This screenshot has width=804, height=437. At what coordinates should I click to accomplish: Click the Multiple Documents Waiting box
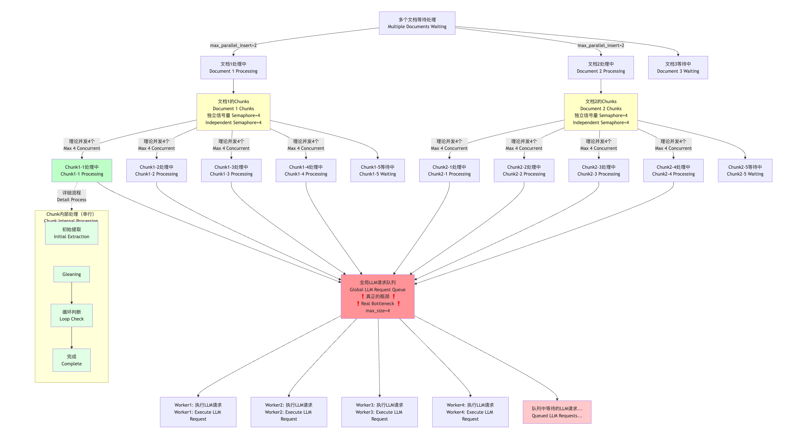pyautogui.click(x=417, y=23)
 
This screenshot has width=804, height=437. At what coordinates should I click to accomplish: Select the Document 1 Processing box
pyautogui.click(x=233, y=67)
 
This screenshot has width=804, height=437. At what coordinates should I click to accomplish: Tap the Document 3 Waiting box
pyautogui.click(x=678, y=67)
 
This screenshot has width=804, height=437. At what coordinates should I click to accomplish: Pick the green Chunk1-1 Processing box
pyautogui.click(x=82, y=170)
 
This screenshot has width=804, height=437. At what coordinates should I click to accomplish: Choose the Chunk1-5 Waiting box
pyautogui.click(x=377, y=170)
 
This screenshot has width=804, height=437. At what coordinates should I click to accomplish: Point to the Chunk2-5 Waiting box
pyautogui.click(x=745, y=170)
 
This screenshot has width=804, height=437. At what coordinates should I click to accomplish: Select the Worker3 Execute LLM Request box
pyautogui.click(x=379, y=412)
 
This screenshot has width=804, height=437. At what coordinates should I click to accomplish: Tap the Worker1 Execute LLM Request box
pyautogui.click(x=198, y=412)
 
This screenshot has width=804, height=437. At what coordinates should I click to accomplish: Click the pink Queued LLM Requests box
pyautogui.click(x=557, y=412)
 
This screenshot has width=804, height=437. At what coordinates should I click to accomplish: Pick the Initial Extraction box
pyautogui.click(x=71, y=233)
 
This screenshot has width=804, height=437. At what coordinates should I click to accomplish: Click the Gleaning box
pyautogui.click(x=71, y=274)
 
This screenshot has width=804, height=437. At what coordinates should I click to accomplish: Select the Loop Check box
pyautogui.click(x=71, y=315)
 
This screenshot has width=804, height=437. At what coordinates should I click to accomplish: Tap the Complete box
pyautogui.click(x=71, y=360)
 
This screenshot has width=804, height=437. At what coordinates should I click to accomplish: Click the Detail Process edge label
pyautogui.click(x=71, y=196)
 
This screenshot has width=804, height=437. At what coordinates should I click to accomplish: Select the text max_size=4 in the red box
pyautogui.click(x=377, y=311)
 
